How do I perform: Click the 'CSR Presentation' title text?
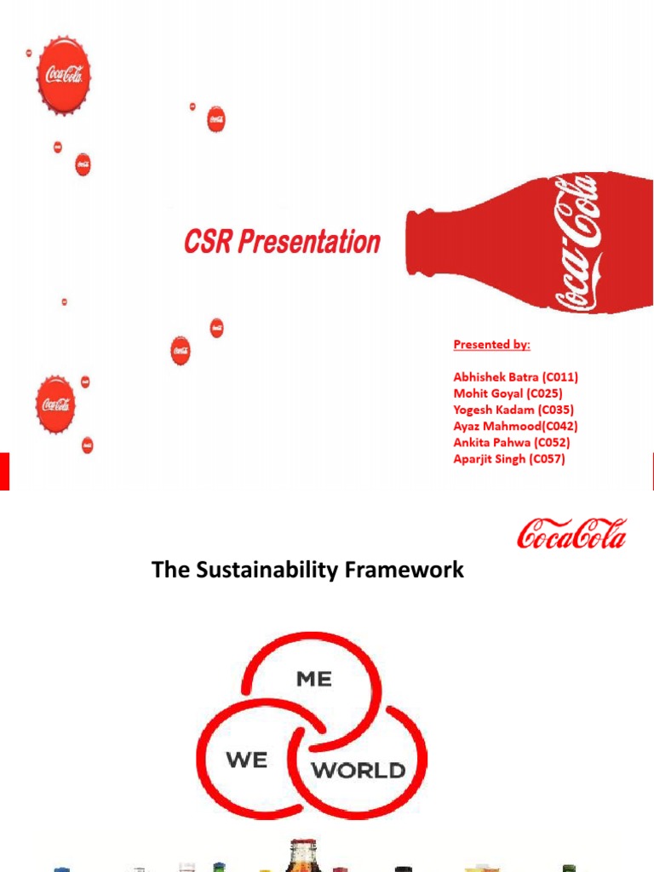tap(282, 242)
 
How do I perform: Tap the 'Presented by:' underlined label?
tap(491, 345)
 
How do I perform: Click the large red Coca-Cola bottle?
tap(528, 244)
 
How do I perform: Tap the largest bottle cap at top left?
tap(64, 75)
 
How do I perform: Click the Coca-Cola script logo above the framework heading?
tap(571, 534)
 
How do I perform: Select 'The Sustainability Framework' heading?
tap(307, 571)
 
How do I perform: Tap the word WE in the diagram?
tap(247, 760)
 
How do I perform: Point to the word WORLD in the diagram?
tap(359, 771)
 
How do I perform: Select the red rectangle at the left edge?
tap(4, 470)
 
